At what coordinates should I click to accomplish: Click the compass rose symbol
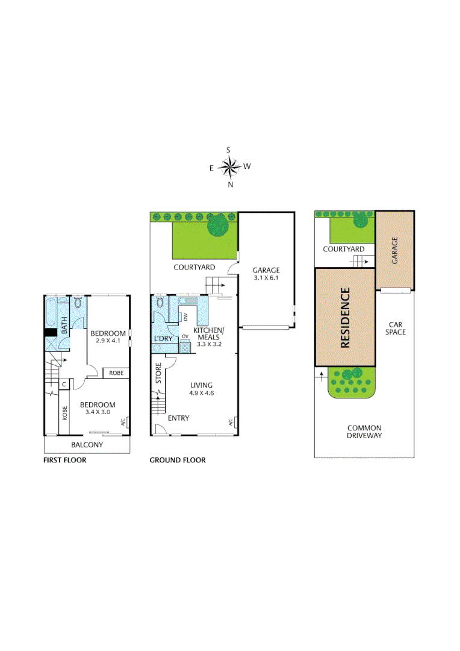coord(229,167)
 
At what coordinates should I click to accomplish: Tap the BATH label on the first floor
coord(64,325)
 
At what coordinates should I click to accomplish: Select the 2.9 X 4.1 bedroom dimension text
coord(108,341)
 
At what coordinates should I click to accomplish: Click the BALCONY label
coord(87,445)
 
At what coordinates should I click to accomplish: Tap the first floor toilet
coord(77,305)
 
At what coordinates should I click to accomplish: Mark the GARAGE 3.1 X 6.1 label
coord(266,275)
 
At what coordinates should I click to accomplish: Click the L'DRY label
coord(163,339)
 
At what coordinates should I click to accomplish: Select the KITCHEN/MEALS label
coord(208,334)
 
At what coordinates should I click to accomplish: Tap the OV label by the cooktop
coord(185,336)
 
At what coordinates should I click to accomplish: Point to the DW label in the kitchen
coord(186,317)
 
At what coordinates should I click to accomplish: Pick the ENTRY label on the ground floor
coord(178,418)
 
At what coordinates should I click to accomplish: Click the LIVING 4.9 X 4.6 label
coord(202,389)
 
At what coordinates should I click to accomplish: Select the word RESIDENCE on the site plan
coord(345,318)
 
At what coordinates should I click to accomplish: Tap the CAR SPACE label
coord(396,328)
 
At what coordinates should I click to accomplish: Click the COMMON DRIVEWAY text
coord(364,431)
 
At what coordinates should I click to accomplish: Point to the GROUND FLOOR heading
coord(178,460)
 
